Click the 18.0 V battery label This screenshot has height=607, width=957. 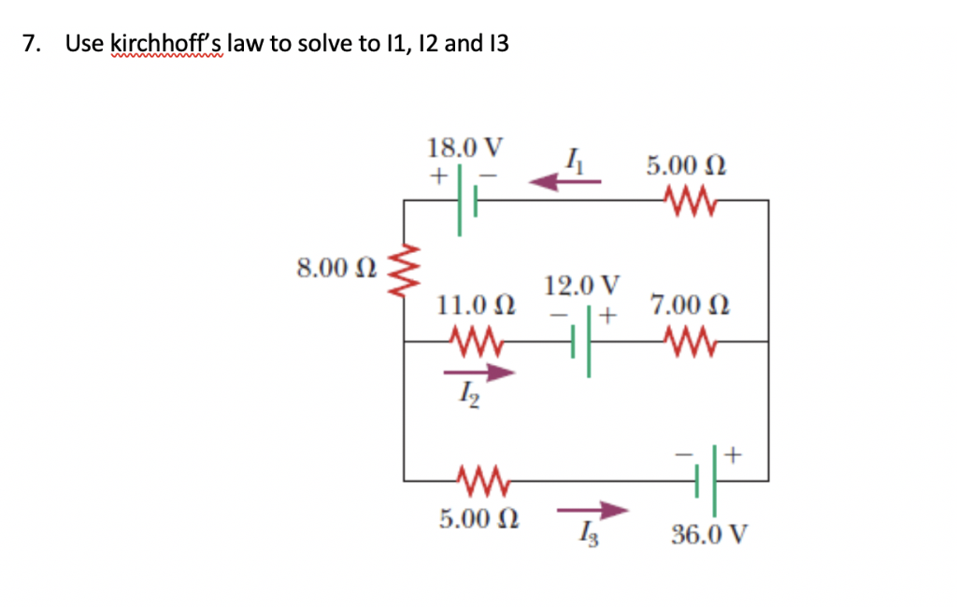[x=464, y=148]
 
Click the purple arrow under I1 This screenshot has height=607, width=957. [x=566, y=182]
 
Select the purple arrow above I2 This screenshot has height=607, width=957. [x=479, y=374]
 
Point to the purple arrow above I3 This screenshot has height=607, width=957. [x=592, y=510]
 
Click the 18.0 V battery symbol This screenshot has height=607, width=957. [x=468, y=200]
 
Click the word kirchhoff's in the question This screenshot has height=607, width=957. [x=167, y=43]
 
